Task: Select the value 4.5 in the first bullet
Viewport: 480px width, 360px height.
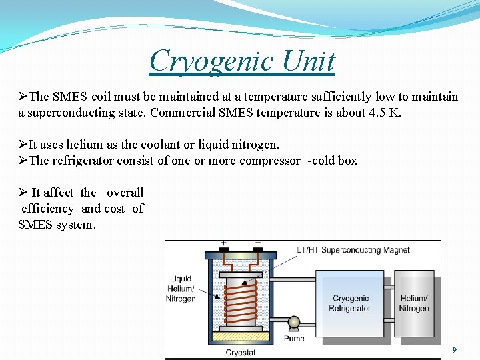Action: pyautogui.click(x=377, y=113)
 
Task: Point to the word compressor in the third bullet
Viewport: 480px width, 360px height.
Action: pyautogui.click(x=271, y=161)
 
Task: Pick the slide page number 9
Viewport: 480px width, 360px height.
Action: pyautogui.click(x=454, y=350)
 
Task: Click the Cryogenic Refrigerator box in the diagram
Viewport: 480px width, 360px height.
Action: pyautogui.click(x=352, y=303)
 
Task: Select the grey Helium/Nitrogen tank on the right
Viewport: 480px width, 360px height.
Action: pyautogui.click(x=414, y=303)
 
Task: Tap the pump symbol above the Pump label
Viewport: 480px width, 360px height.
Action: pyautogui.click(x=294, y=323)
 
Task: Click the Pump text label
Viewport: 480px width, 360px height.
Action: pyautogui.click(x=294, y=338)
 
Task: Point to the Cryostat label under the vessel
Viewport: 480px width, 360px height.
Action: pyautogui.click(x=241, y=352)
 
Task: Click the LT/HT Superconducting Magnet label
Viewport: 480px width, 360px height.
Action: pyautogui.click(x=353, y=250)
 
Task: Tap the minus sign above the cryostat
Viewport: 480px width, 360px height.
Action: pyautogui.click(x=258, y=244)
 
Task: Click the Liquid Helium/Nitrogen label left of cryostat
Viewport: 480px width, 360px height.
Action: pyautogui.click(x=181, y=289)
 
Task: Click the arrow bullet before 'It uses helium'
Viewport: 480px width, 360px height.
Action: pyautogui.click(x=23, y=145)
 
